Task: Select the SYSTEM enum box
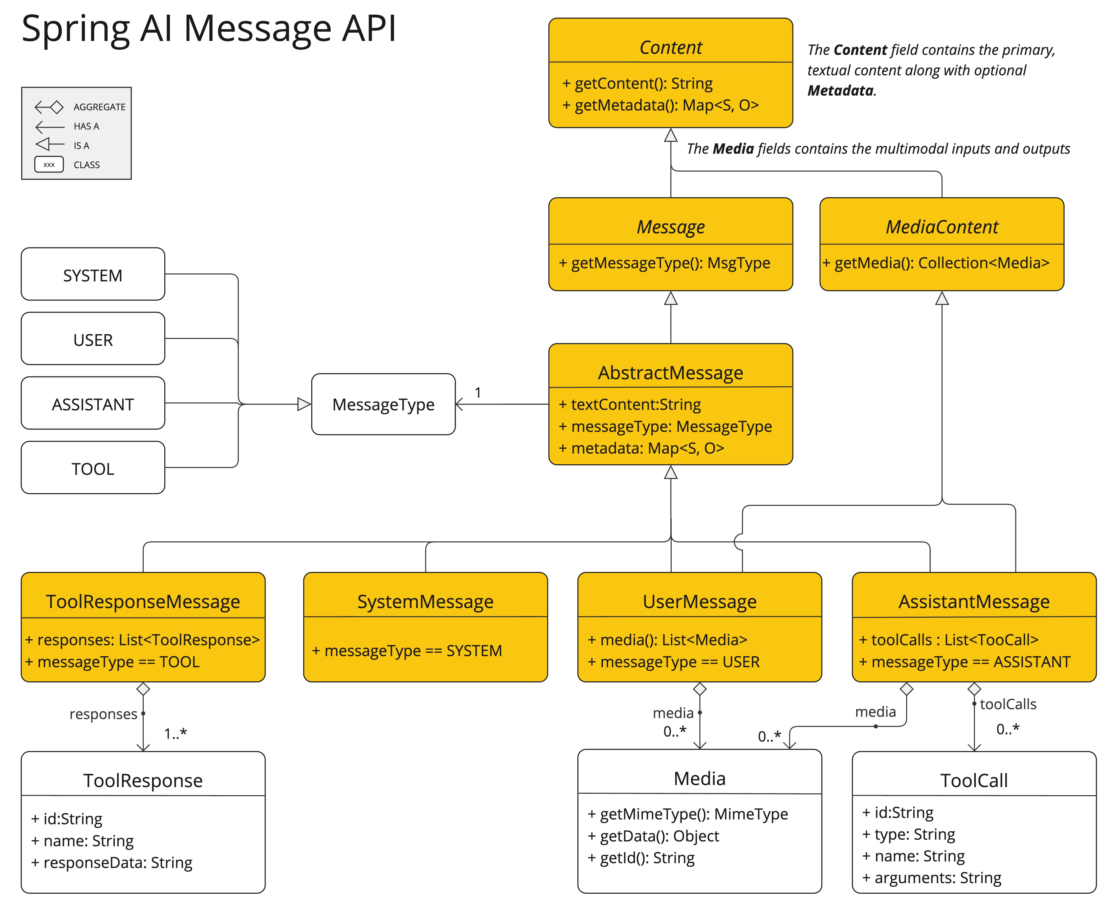click(93, 275)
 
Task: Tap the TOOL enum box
click(93, 468)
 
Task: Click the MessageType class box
click(383, 405)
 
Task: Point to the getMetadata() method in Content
click(660, 105)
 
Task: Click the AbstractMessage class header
click(670, 372)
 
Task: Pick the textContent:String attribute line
click(630, 405)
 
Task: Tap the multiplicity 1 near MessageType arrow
click(478, 392)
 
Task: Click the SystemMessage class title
click(425, 601)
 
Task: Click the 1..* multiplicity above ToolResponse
click(175, 733)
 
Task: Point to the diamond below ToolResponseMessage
click(143, 689)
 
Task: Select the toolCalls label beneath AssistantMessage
click(1007, 704)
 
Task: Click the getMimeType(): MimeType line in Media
click(688, 814)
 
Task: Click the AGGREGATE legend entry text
click(99, 107)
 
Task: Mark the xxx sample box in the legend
click(49, 165)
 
